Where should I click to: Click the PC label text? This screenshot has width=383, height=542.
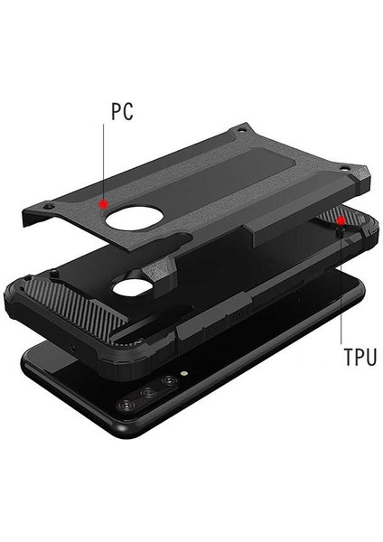pyautogui.click(x=123, y=112)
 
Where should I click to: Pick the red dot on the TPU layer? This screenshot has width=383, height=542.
pyautogui.click(x=340, y=220)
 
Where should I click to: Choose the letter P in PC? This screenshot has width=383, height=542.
pyautogui.click(x=116, y=112)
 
